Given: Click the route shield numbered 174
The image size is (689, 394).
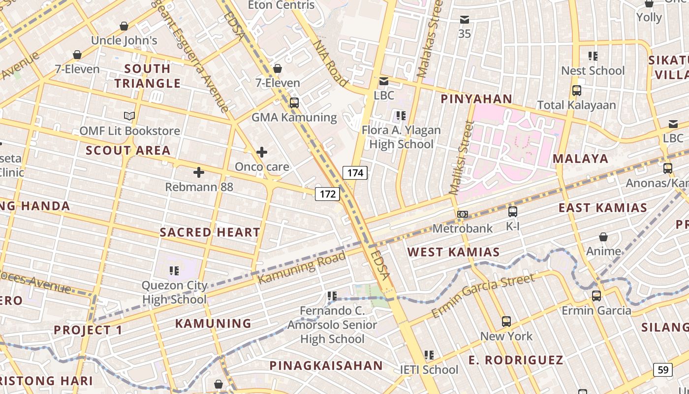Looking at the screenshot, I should click(x=355, y=172).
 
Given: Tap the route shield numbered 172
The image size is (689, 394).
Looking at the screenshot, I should click(x=328, y=194).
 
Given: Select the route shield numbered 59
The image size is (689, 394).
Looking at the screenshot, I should click(x=663, y=369).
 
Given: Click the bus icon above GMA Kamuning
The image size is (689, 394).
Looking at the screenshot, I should click(x=294, y=103).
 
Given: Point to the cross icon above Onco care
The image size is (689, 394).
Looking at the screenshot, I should click(x=262, y=152).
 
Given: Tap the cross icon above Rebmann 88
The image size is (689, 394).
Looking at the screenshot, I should click(x=199, y=172).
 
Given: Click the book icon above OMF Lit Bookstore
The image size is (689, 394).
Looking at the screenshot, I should click(x=129, y=116).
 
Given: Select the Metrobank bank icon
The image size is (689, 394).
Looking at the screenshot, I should click(x=462, y=214).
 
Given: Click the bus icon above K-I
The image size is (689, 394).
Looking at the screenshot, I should click(x=512, y=212).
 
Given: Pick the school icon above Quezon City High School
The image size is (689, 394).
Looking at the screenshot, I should click(x=174, y=270).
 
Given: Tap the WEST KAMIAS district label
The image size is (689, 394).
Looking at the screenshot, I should click(x=453, y=252).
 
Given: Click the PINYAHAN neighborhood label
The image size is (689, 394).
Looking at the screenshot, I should click(x=476, y=99).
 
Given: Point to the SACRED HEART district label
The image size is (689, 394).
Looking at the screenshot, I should click(x=210, y=232).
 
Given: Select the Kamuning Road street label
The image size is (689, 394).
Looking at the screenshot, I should click(x=302, y=267).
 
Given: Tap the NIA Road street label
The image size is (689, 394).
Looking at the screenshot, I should click(x=330, y=63).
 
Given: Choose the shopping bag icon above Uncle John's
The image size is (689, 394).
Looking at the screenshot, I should click(x=124, y=26).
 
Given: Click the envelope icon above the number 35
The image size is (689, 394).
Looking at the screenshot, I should click(x=464, y=20).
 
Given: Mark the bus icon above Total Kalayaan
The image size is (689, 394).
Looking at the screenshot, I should click(x=576, y=91).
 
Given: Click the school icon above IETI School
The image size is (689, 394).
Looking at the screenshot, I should click(x=429, y=355).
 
